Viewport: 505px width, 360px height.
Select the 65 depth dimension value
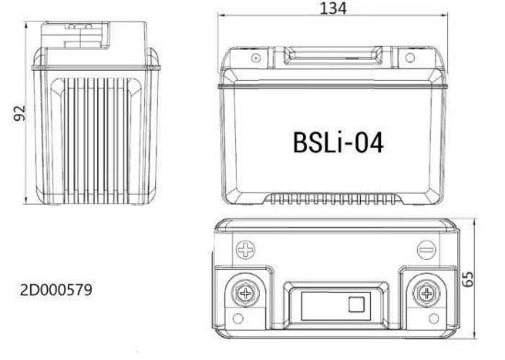pyautogui.click(x=477, y=278)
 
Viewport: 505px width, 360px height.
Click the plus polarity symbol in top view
pyautogui.click(x=246, y=248)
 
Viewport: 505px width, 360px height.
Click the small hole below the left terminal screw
pyautogui.click(x=240, y=321)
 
